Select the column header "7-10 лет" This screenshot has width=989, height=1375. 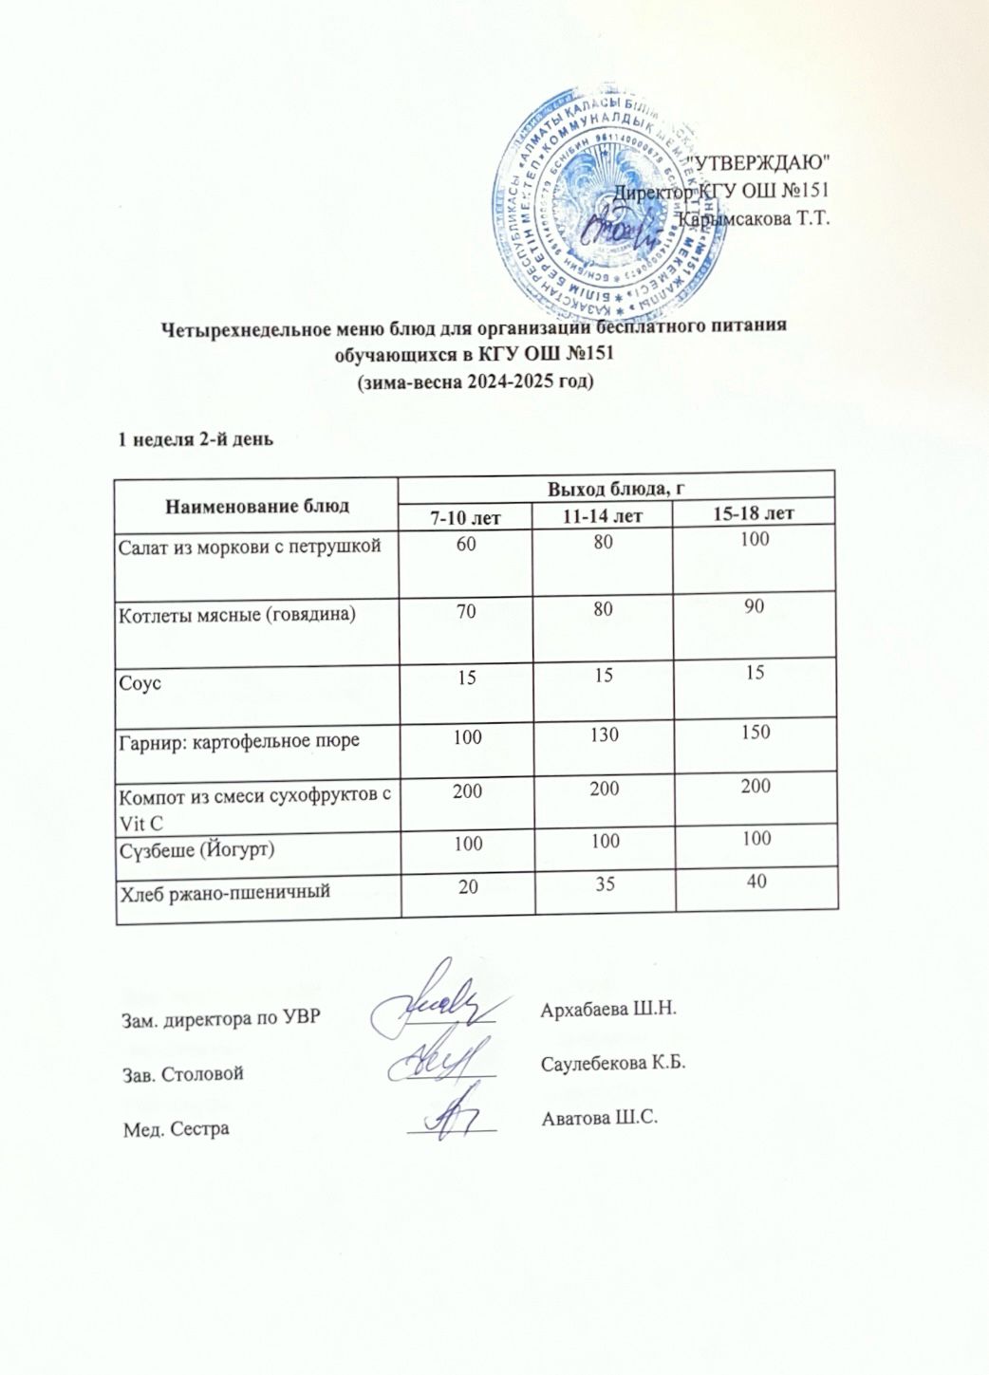coord(466,516)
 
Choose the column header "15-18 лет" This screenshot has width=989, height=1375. coord(753,513)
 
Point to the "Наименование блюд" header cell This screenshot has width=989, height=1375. coord(256,506)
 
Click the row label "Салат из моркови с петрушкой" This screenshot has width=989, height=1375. coord(250,546)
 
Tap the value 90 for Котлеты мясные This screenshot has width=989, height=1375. coord(755,607)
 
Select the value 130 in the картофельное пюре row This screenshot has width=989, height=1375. coord(604,734)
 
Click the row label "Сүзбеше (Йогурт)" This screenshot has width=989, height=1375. coord(196,848)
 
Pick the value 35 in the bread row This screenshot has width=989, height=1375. coord(605,884)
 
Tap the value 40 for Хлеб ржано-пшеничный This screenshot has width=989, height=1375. coord(756,882)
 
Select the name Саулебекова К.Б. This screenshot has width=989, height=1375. coord(613,1062)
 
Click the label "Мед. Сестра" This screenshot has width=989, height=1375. coord(177,1129)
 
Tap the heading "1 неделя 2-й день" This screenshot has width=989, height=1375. coord(196,439)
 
